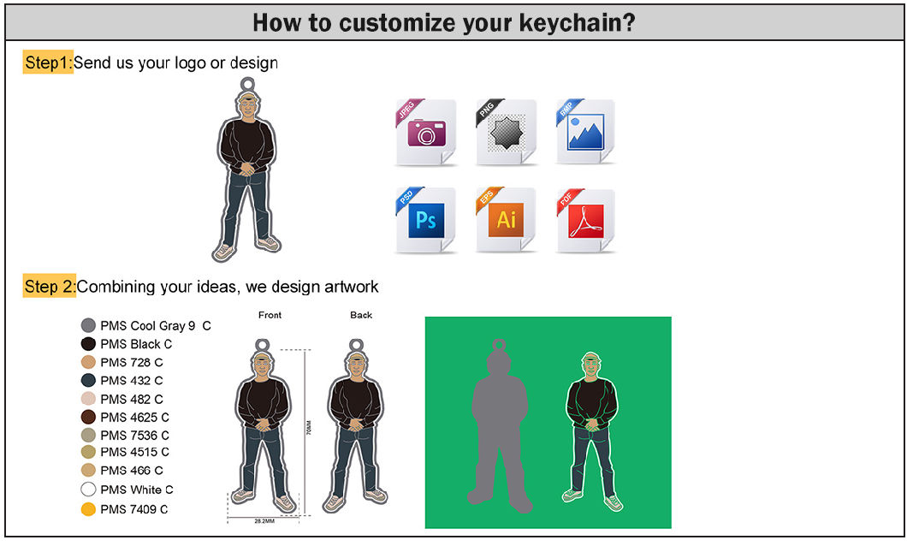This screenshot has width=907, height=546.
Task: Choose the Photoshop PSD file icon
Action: [425, 219]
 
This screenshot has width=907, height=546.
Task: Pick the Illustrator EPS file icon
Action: [506, 219]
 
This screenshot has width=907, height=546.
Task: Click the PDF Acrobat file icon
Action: [585, 219]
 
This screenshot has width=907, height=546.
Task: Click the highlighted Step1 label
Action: [48, 62]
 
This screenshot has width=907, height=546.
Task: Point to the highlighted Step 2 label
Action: [50, 286]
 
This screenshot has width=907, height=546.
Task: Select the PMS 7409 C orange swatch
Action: [87, 509]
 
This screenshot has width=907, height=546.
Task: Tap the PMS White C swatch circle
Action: [87, 490]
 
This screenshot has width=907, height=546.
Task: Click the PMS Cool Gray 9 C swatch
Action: [87, 325]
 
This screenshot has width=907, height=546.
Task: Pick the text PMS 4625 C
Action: [134, 417]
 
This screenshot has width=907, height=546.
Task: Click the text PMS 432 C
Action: [131, 380]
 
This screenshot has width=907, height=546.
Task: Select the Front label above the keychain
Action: [270, 315]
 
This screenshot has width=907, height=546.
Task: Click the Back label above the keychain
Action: [361, 315]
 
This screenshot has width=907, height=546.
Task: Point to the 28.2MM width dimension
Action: [264, 520]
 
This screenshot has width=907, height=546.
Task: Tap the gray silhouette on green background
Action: [501, 428]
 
